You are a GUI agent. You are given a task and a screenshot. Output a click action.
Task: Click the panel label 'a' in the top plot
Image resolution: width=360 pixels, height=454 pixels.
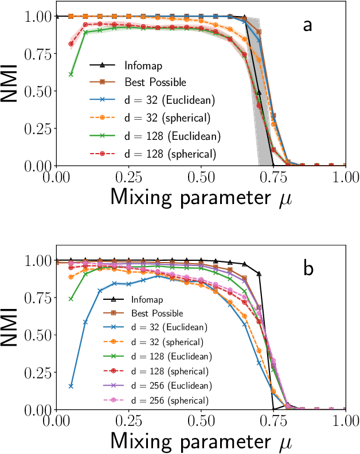tap(308, 25)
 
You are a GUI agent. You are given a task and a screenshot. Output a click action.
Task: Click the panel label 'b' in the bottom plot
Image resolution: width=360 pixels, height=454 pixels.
tap(308, 268)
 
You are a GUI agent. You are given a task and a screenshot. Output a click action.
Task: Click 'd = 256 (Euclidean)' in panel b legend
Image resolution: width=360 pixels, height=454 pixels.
tap(170, 385)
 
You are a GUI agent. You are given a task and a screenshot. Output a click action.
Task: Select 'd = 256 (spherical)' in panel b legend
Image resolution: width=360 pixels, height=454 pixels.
tap(170, 399)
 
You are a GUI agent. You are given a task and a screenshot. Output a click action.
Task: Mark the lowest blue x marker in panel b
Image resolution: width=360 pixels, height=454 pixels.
tap(71, 386)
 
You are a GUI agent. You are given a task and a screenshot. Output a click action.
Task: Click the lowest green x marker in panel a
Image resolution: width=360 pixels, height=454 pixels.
tap(71, 74)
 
